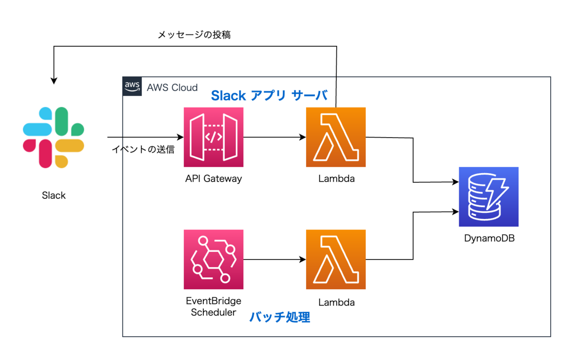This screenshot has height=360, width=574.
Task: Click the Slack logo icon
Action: pos(54,137)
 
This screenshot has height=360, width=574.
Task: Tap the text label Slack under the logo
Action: pos(54,195)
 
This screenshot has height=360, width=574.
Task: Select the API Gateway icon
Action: pos(213,137)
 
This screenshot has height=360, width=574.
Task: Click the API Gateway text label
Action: pos(213,179)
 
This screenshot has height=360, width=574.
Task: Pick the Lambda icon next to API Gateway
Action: pos(336,137)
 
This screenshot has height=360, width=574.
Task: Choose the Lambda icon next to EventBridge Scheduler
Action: pos(336,260)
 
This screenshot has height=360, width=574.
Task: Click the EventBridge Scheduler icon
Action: pos(213,260)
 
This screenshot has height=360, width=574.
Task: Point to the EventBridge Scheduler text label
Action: pos(213,306)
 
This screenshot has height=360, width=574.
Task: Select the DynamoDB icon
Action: pos(488,196)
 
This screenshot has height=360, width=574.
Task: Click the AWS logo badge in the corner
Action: pos(132,87)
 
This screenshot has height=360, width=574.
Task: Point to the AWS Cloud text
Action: pos(172,87)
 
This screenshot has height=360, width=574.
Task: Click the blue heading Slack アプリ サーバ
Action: pos(269,96)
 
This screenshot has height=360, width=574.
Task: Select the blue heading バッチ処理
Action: pos(280,317)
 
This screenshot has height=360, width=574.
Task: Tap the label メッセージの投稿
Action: pos(195,35)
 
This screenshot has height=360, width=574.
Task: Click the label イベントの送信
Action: pos(143,149)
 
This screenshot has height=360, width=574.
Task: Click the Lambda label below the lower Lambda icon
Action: pos(336,302)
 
